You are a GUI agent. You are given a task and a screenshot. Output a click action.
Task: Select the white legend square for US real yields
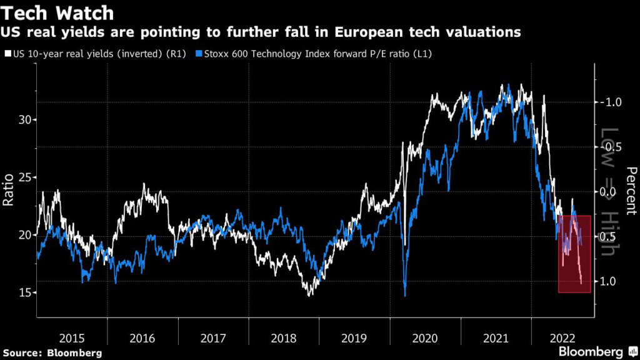(x=7, y=54)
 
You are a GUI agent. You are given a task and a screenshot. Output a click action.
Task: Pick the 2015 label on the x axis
(x=72, y=337)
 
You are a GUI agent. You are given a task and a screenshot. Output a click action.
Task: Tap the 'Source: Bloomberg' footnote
(x=51, y=353)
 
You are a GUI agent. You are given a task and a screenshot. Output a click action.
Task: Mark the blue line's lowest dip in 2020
(x=405, y=295)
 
